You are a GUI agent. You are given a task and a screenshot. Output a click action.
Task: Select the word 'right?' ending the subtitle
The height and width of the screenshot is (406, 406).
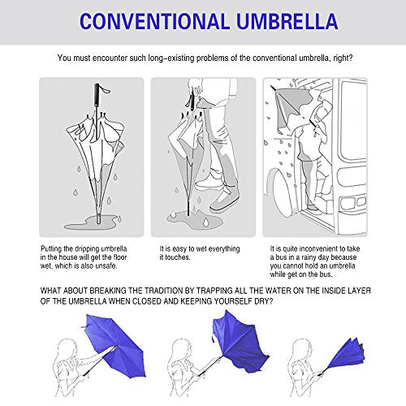[x=336, y=58]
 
